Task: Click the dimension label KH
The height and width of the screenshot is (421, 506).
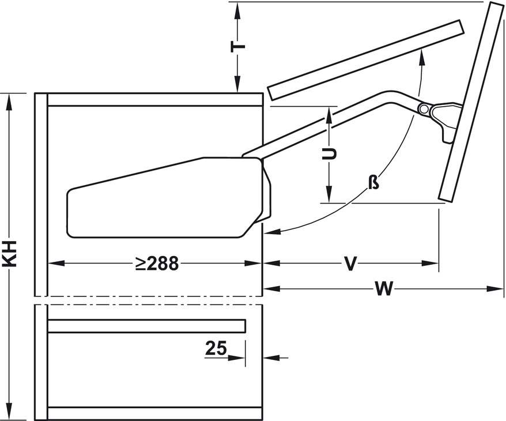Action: pos(9,254)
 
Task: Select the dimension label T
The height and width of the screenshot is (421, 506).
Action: pos(238,47)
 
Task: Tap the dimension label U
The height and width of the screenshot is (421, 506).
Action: pos(329,154)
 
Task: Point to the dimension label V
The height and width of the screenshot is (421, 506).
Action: pos(350,264)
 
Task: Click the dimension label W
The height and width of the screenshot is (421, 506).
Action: pos(384,288)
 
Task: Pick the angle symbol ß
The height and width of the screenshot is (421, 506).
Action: pos(373,182)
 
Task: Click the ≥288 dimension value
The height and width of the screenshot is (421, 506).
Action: pos(157,264)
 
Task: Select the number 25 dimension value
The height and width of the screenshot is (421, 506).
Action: pos(216,348)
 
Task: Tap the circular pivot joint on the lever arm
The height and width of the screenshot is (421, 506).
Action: pos(423,109)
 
